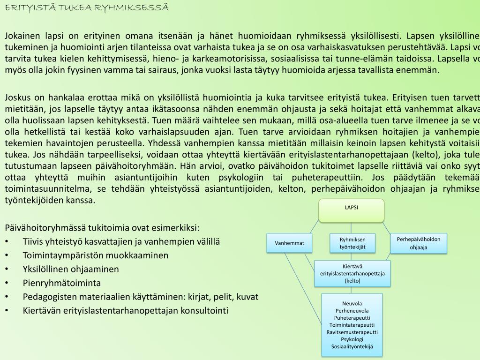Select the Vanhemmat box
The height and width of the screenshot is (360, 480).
(289, 243)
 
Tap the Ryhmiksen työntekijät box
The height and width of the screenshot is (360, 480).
(352, 243)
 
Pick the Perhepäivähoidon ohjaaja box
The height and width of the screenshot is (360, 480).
(419, 243)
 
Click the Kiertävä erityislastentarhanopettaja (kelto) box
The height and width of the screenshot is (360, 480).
(352, 273)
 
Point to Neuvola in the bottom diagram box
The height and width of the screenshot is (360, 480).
(352, 303)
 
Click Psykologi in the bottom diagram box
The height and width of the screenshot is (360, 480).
(352, 339)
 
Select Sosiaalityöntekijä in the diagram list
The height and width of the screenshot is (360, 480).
(352, 346)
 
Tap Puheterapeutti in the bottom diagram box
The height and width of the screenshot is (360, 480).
(352, 318)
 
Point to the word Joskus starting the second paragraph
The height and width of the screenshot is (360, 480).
(18, 97)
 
